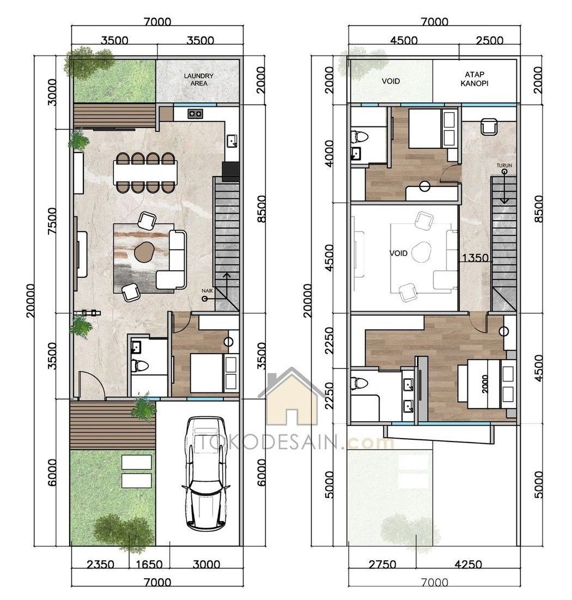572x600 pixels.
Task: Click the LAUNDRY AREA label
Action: pos(199,80)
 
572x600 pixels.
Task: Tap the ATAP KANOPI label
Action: pos(474,78)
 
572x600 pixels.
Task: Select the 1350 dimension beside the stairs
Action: pos(475,258)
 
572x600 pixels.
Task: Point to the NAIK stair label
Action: pos(207,291)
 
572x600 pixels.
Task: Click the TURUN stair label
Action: pos(504,166)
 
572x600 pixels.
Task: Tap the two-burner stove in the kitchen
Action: pos(195,114)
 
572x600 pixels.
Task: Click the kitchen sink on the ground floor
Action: pos(232,141)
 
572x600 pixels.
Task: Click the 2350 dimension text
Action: pos(100,564)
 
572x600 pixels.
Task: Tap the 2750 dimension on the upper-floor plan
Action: pos(382,564)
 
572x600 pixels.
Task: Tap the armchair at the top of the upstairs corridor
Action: pos(489,126)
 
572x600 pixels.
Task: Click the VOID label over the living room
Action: pos(398,253)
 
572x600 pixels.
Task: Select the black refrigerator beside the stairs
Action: pos(231,172)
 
